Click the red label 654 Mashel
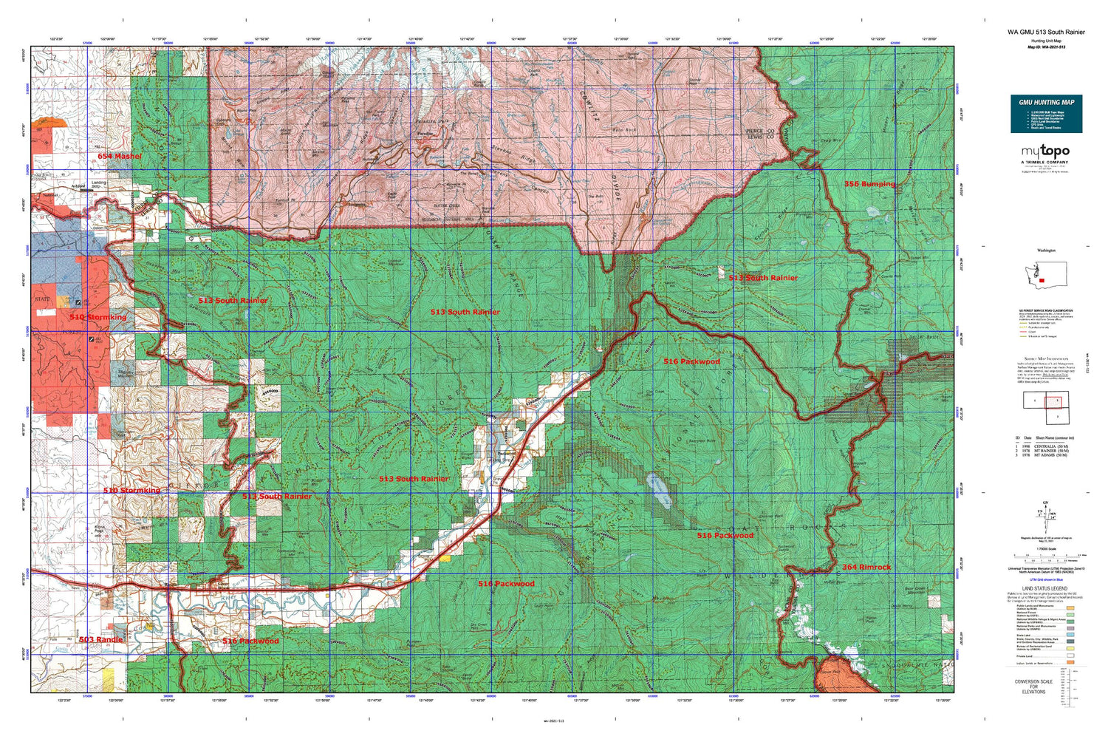pos(119,157)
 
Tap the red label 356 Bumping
pos(869,184)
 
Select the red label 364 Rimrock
pos(866,567)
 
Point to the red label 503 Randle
pos(101,639)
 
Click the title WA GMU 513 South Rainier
pos(1046,33)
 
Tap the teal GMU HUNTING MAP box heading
pos(1046,102)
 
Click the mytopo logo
pos(1045,152)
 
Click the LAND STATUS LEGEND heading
pos(1044,589)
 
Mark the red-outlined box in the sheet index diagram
pos(1052,402)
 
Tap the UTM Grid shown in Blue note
pos(1044,580)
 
